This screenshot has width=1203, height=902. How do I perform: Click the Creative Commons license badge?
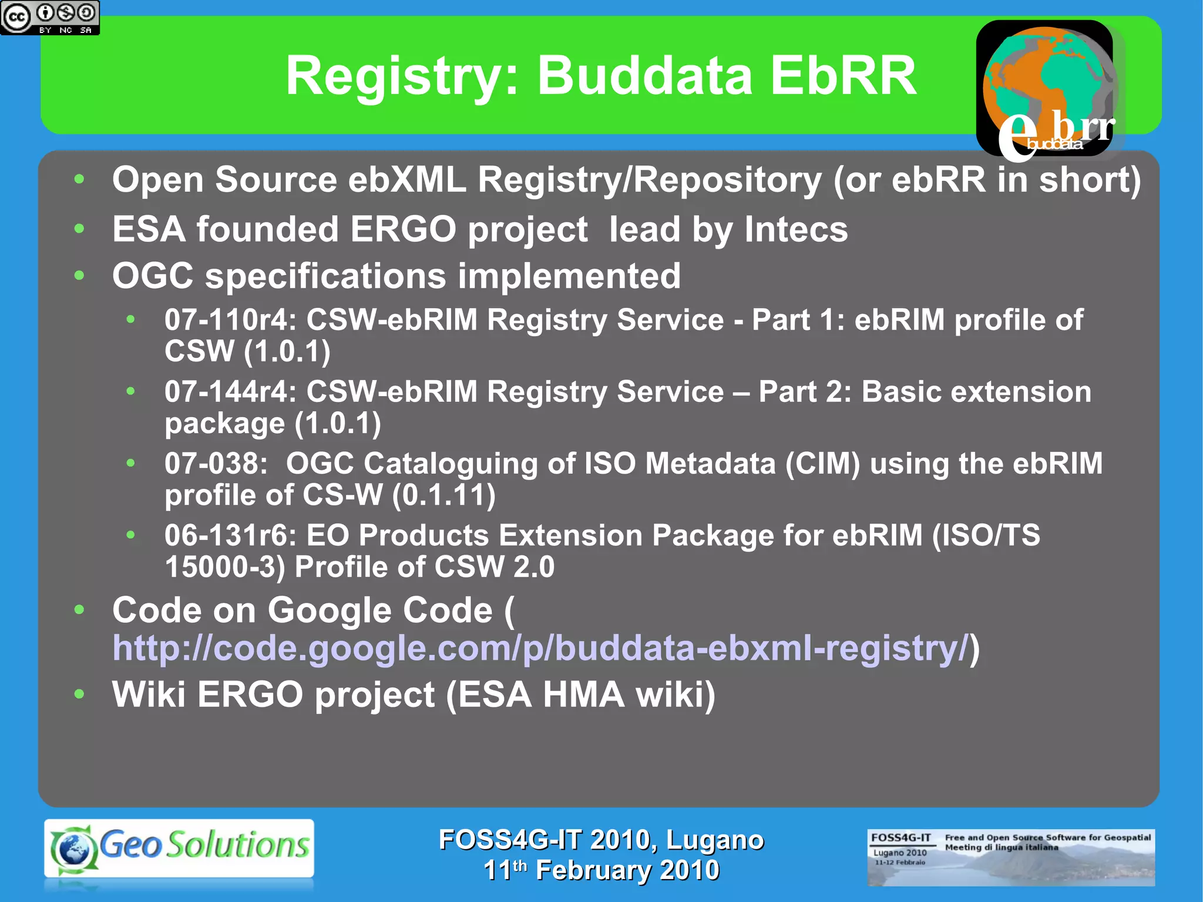pos(50,18)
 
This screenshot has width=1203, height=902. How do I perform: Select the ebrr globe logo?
pos(1049,88)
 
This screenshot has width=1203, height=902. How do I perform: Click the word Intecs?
pos(796,229)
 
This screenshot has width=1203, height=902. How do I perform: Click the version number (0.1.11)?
pos(444,495)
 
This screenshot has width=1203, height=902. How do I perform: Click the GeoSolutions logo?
pos(179,848)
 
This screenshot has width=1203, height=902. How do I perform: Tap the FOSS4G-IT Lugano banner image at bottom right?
pos(1010,857)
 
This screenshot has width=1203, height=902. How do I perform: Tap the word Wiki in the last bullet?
pos(149,695)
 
